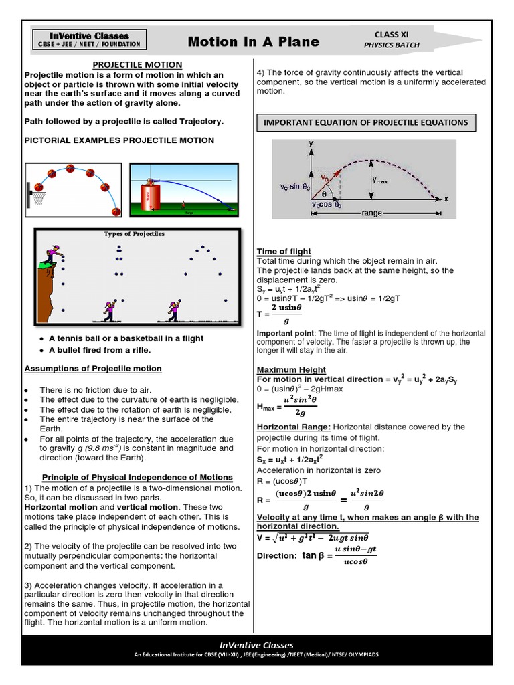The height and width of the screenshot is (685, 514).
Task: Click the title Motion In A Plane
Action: point(253,42)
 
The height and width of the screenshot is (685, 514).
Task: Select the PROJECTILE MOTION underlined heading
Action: point(137,64)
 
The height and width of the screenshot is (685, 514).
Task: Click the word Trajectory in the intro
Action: point(199,122)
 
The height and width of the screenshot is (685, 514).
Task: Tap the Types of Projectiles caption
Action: point(134,234)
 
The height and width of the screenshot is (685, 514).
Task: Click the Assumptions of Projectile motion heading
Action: point(93,369)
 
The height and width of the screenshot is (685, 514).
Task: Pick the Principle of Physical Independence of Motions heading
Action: point(137,477)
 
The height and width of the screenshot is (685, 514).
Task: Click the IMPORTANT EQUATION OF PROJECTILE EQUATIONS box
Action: point(367,122)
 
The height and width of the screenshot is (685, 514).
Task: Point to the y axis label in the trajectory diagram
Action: point(311,144)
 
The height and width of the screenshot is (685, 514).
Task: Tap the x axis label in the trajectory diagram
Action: point(446,199)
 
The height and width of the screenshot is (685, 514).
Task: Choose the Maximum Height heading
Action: point(291,369)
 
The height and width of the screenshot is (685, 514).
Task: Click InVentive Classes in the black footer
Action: point(257,645)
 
